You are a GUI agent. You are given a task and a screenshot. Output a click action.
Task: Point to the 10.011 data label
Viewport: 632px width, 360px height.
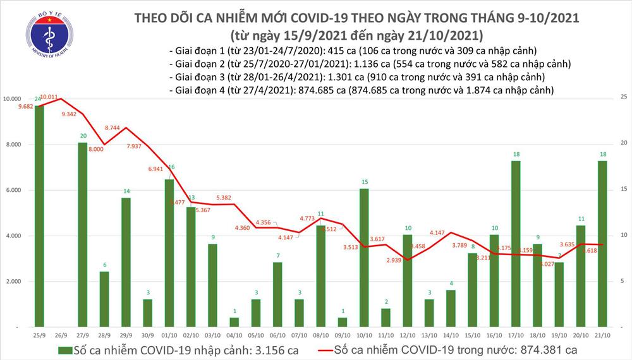(49, 98)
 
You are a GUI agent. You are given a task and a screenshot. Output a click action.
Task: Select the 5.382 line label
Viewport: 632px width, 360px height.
(228, 197)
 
